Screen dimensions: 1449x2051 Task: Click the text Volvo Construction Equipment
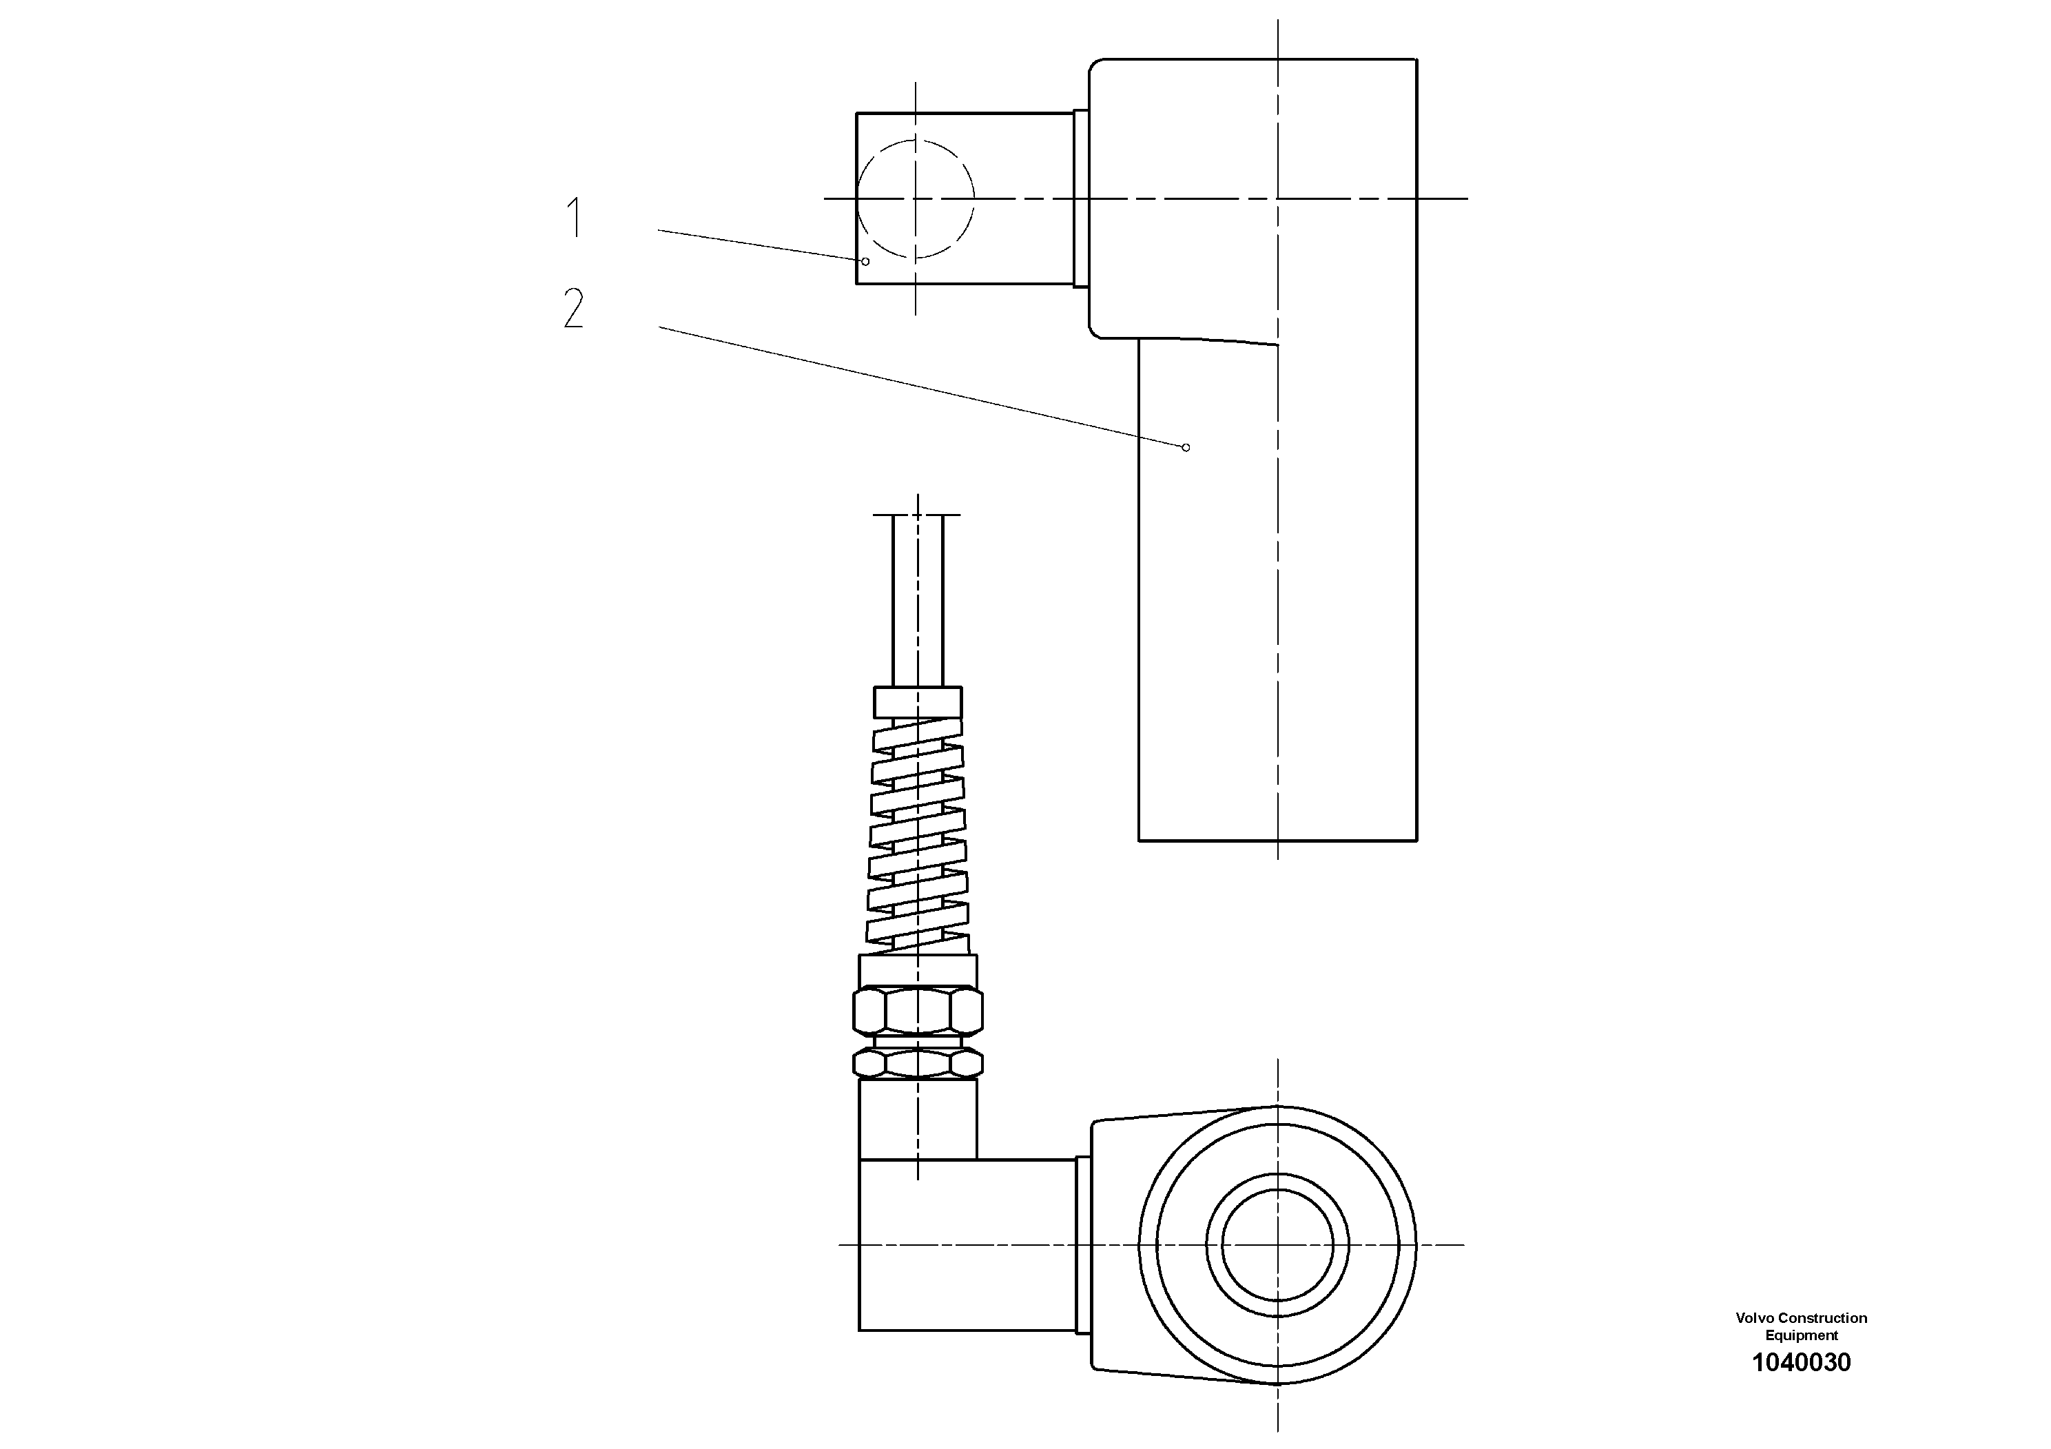coord(1801,1326)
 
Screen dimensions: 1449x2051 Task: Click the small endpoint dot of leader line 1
coord(865,261)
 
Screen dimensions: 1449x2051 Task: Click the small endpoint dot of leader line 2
coord(1186,446)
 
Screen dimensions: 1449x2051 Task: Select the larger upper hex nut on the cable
coord(918,1011)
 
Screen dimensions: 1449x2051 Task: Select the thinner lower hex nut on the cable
coord(918,1063)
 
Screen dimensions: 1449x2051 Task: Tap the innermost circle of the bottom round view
coord(1277,1244)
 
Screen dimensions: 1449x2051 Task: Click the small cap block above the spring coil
coord(918,701)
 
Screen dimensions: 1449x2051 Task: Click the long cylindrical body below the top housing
coord(1277,608)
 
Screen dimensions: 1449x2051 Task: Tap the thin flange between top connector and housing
coord(1080,198)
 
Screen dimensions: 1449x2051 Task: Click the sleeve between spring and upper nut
coord(918,969)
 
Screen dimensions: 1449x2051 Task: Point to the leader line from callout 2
coord(920,387)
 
